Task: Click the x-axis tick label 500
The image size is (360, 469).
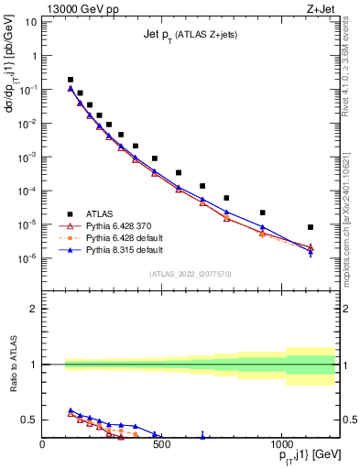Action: pos(161,442)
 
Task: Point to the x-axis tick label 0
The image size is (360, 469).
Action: pos(42,442)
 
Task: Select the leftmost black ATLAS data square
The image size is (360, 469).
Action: pos(71,80)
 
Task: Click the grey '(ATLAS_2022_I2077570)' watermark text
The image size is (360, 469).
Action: pos(190,273)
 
